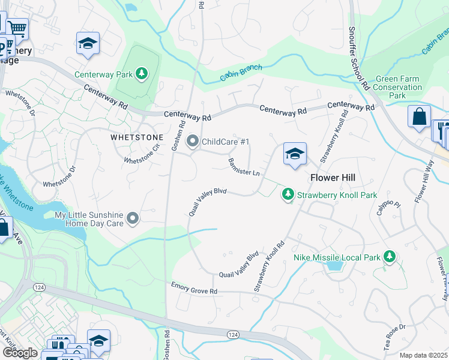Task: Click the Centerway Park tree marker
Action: [x=142, y=74]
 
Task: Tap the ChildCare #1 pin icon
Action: [x=193, y=142]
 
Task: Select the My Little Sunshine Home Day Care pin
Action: [x=133, y=219]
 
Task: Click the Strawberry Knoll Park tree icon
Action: [x=289, y=194]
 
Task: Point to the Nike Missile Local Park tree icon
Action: [x=389, y=257]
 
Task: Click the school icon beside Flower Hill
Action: [x=295, y=154]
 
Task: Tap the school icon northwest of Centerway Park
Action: [x=88, y=43]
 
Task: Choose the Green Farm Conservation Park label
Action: [x=397, y=87]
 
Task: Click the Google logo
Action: [x=19, y=353]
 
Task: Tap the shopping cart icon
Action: [x=18, y=28]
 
